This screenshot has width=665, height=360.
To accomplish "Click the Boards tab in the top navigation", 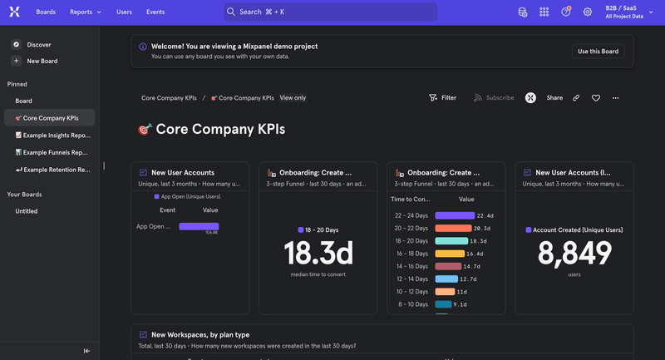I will click(x=47, y=12).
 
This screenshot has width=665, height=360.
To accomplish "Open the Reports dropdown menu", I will click(x=86, y=12).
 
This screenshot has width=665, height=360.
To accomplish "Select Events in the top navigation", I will click(x=155, y=12).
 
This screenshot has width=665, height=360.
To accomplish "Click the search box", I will click(x=330, y=12).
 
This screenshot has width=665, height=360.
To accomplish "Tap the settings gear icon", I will click(x=588, y=12).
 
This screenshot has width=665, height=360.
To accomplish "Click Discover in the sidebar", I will click(x=38, y=44).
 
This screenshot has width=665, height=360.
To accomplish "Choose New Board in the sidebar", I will click(x=42, y=61).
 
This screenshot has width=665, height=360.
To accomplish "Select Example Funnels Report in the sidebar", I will click(x=55, y=152).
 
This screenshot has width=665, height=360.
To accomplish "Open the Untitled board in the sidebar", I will click(x=27, y=211).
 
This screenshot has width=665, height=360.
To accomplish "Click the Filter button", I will click(x=442, y=98).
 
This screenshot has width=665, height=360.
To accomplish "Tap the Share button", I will click(x=554, y=98).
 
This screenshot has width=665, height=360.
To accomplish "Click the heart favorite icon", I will click(x=596, y=98).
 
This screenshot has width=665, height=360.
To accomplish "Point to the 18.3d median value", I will click(x=318, y=253).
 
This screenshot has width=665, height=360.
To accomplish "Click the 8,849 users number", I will click(x=574, y=253).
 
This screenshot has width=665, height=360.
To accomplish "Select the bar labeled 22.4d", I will click(x=455, y=215).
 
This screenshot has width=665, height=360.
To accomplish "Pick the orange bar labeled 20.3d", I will click(x=454, y=228).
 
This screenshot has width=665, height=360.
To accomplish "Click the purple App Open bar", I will click(x=199, y=226).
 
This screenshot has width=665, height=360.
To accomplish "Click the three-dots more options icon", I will click(x=616, y=98).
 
